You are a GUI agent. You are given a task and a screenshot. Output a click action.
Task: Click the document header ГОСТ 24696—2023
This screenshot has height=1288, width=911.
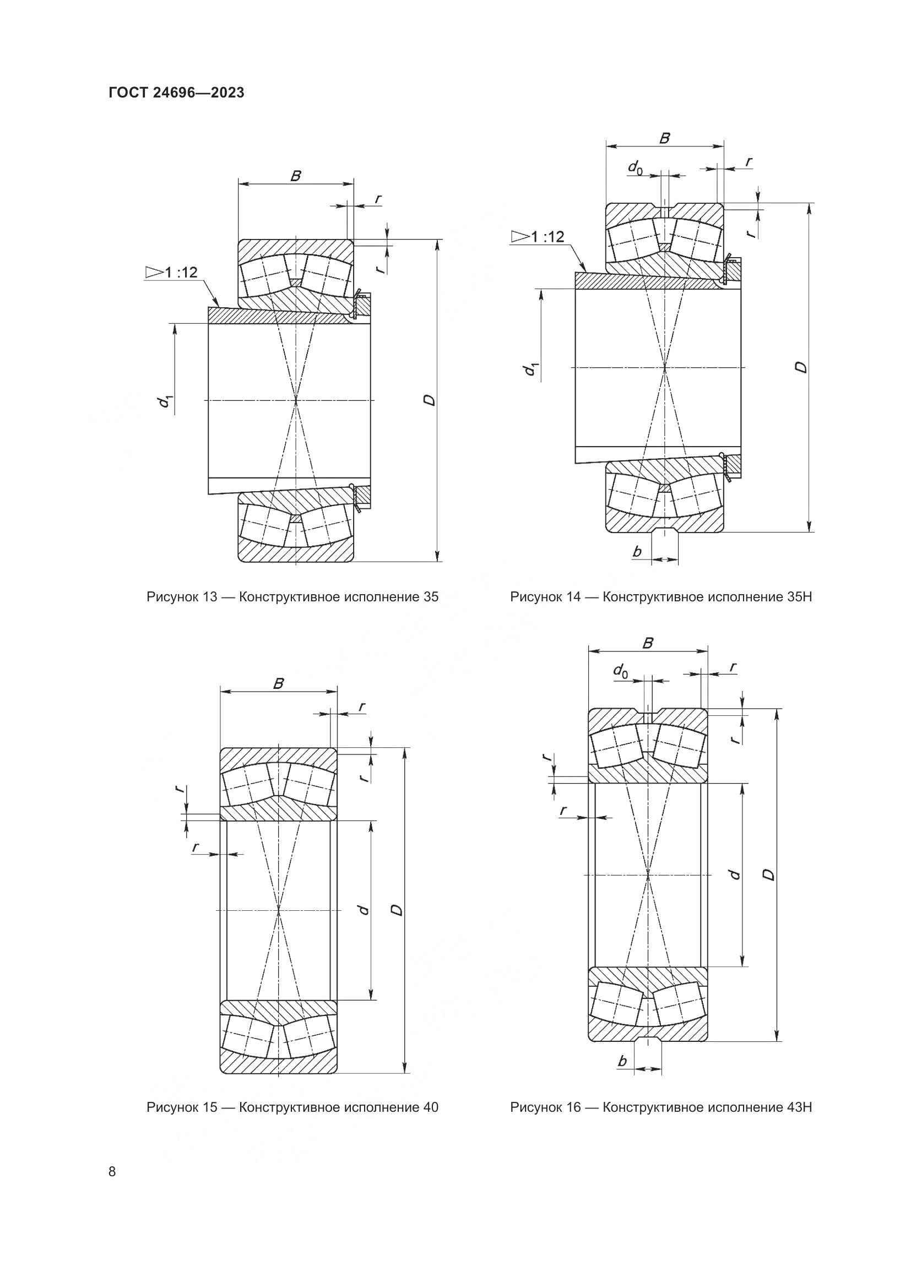tap(176, 93)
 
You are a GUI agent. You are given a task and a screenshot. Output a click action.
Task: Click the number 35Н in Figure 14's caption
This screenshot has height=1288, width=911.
tap(799, 597)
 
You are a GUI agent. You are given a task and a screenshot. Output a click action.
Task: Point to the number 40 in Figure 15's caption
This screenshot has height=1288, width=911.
tap(429, 1107)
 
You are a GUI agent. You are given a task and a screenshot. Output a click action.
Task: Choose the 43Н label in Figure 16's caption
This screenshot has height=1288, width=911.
tap(799, 1107)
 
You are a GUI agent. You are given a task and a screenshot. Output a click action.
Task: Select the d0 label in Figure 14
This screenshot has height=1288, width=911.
tap(635, 167)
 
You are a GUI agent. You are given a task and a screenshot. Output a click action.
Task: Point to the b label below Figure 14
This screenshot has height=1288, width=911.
tap(637, 552)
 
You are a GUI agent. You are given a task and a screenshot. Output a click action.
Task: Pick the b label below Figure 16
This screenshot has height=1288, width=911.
tap(621, 1061)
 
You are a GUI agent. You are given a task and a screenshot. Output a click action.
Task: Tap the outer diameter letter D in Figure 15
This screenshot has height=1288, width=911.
tap(397, 910)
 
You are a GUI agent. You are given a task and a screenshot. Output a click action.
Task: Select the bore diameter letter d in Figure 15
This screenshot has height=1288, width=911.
tap(364, 909)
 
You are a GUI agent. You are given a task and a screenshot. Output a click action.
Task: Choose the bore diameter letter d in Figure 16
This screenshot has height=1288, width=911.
tap(732, 874)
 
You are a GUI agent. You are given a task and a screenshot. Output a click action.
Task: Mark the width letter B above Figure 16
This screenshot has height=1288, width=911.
tap(647, 643)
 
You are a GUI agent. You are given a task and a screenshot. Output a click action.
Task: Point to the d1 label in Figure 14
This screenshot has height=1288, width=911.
tap(530, 368)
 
